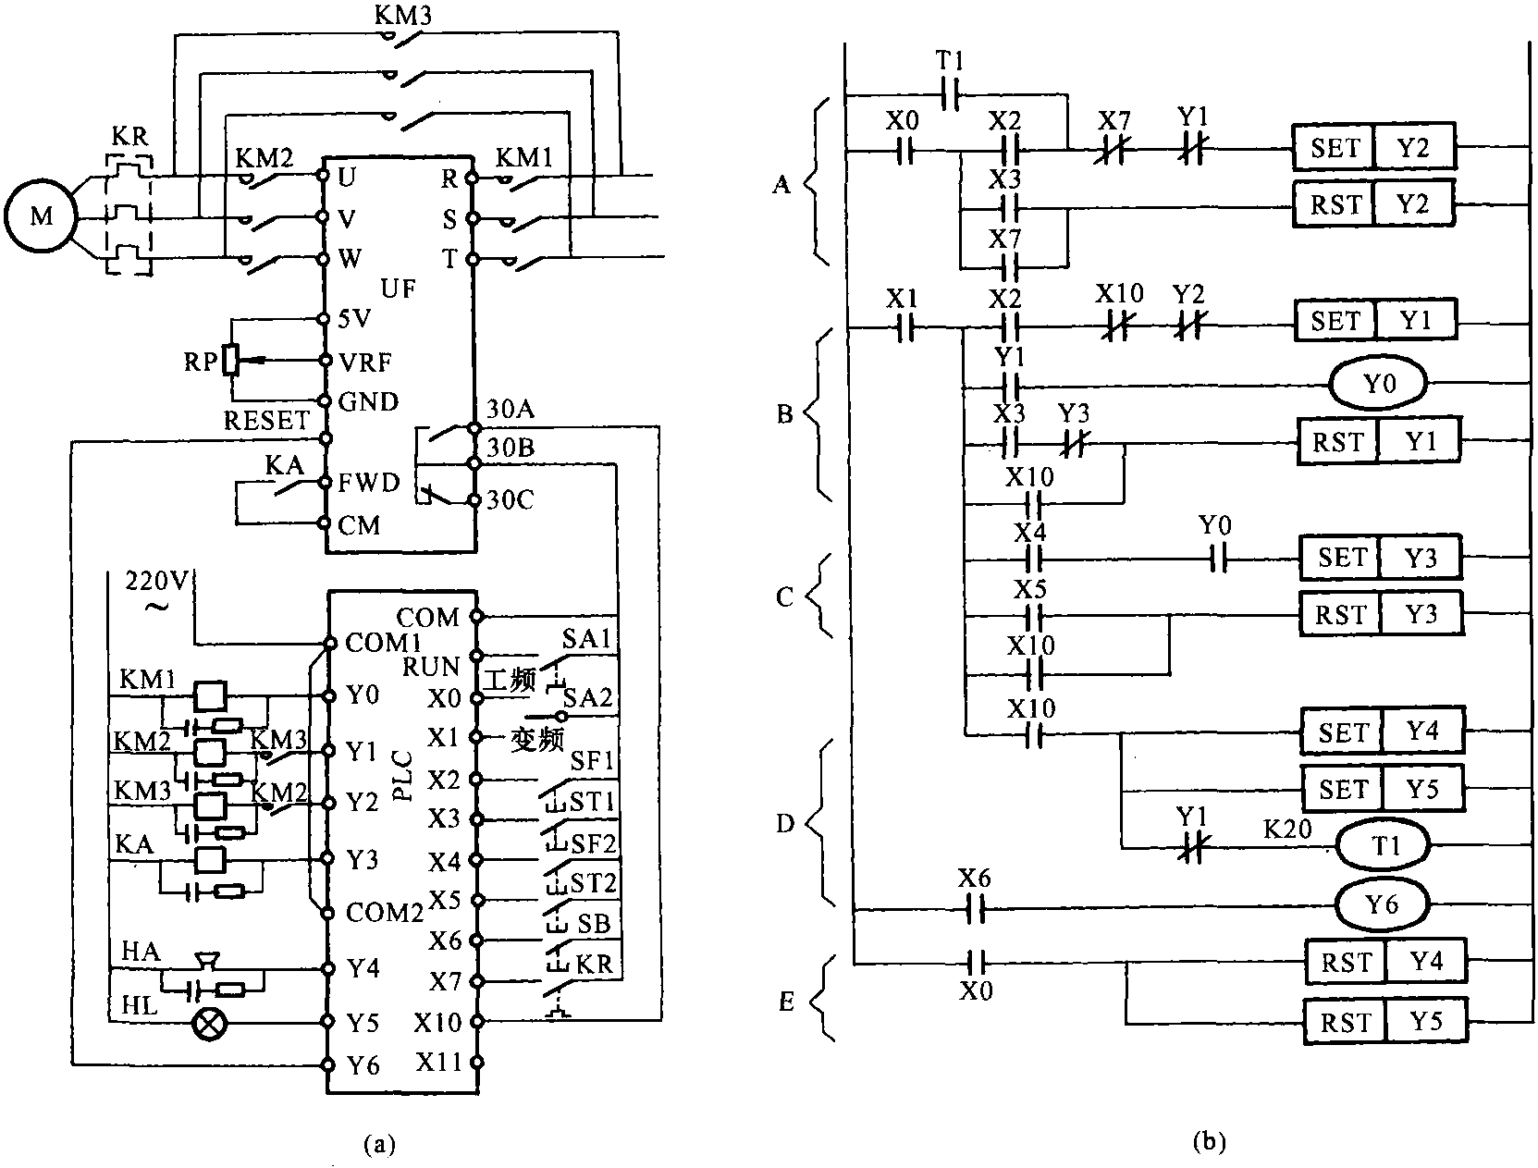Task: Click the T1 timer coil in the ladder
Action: tap(1382, 845)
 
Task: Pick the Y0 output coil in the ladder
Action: tap(1379, 383)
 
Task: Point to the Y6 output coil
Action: tap(1382, 904)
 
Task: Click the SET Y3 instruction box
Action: tap(1382, 559)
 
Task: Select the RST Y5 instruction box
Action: tap(1384, 1022)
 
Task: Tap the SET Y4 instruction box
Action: tap(1384, 732)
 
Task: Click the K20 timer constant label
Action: tap(1287, 829)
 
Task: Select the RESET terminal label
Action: tap(266, 421)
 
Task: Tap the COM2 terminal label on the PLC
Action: tap(384, 914)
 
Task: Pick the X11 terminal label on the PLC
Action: tap(438, 1063)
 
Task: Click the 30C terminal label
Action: tap(511, 500)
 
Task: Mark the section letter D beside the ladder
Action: tap(784, 822)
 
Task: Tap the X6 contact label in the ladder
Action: tap(976, 877)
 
